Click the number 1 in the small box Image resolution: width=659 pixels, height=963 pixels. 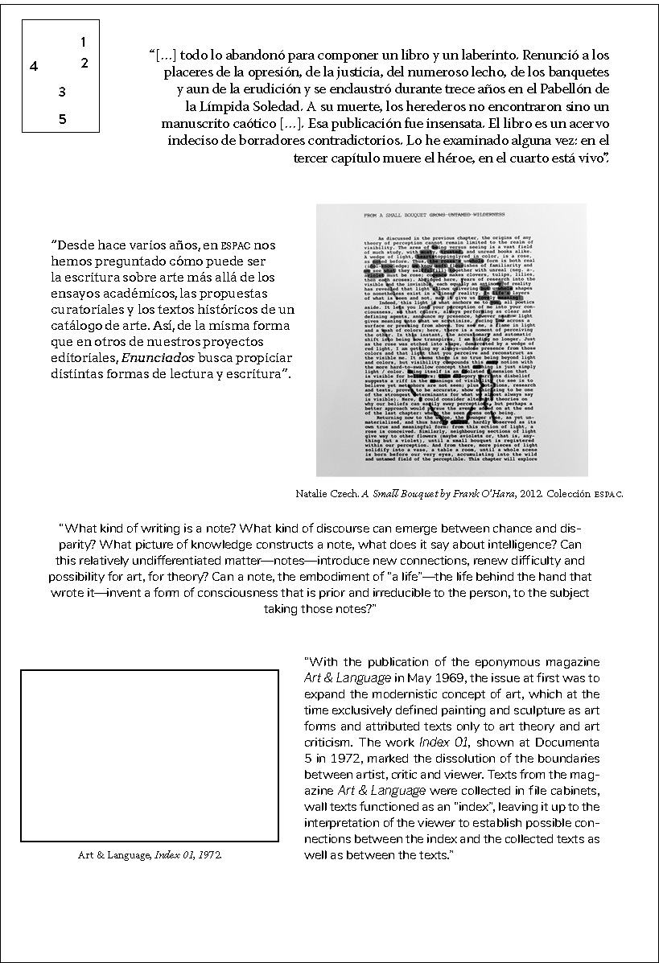click(84, 41)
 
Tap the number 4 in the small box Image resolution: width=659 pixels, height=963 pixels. click(34, 67)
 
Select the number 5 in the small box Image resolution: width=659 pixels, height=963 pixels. click(63, 120)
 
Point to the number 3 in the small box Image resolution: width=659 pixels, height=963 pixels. click(62, 93)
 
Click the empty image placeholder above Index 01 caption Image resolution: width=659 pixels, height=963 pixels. click(149, 755)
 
